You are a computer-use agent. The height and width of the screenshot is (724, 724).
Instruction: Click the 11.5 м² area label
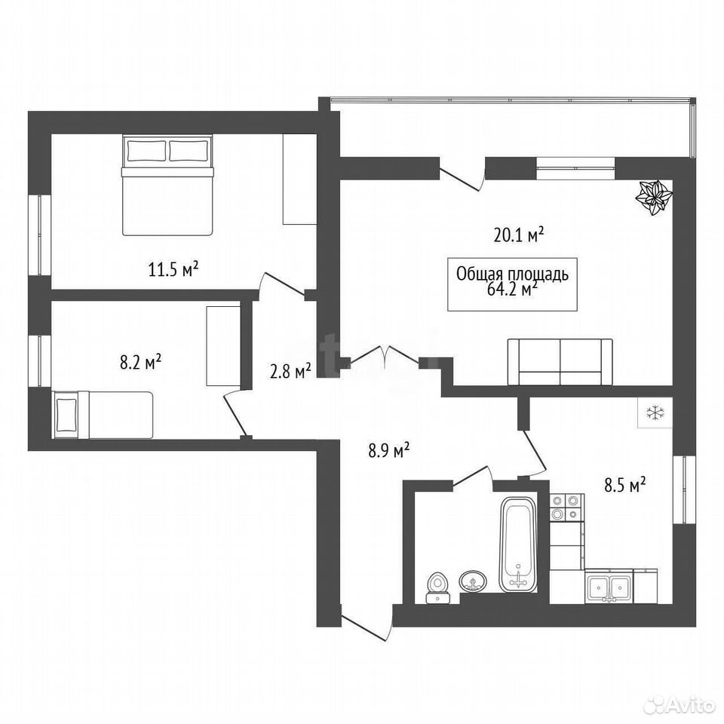pyautogui.click(x=173, y=268)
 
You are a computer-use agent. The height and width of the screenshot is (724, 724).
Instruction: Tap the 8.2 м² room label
pyautogui.click(x=140, y=361)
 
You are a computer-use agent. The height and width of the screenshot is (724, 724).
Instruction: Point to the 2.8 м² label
pyautogui.click(x=290, y=371)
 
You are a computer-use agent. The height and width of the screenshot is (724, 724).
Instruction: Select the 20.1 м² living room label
pyautogui.click(x=519, y=235)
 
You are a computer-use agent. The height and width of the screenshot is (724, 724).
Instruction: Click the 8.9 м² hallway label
pyautogui.click(x=389, y=450)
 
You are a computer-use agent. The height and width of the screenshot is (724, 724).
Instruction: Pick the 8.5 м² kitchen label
pyautogui.click(x=624, y=485)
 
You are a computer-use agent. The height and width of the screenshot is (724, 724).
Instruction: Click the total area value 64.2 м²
pyautogui.click(x=512, y=289)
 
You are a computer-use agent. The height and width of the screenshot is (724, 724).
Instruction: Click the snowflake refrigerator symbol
pyautogui.click(x=655, y=413)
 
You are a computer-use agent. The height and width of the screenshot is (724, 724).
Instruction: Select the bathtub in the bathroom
pyautogui.click(x=519, y=545)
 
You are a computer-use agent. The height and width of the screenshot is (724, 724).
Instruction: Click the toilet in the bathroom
pyautogui.click(x=437, y=587)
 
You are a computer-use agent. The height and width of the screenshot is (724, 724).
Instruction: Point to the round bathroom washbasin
pyautogui.click(x=473, y=581)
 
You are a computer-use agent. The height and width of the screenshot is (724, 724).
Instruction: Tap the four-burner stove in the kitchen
pyautogui.click(x=566, y=508)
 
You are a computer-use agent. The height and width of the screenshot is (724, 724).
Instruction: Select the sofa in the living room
pyautogui.click(x=560, y=362)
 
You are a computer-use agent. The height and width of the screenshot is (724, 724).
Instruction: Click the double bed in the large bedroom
pyautogui.click(x=167, y=185)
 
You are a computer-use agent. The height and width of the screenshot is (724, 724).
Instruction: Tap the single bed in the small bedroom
pyautogui.click(x=103, y=415)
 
